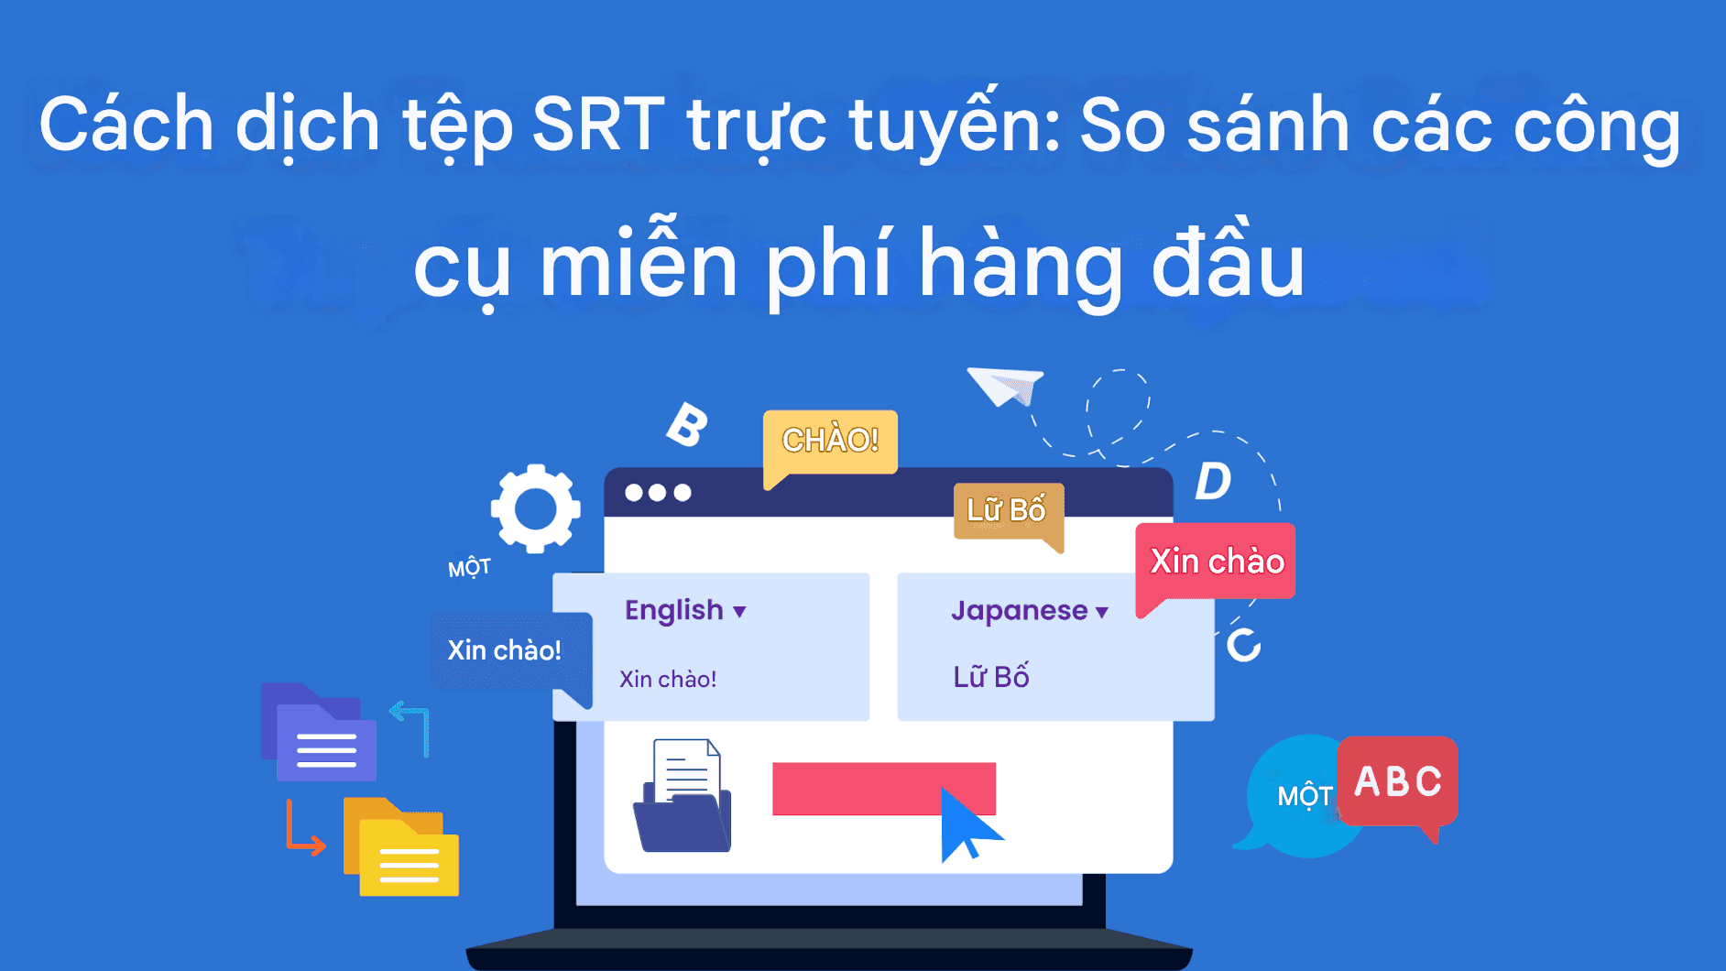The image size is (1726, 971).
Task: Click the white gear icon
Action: click(535, 508)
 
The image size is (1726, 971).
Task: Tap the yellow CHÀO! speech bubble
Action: click(830, 442)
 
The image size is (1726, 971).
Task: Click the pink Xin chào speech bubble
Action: click(1216, 562)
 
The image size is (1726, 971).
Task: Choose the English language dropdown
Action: click(685, 610)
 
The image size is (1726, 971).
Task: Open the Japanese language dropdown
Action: click(1029, 611)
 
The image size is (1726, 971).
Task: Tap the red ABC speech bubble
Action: click(1397, 781)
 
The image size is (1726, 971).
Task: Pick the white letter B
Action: click(687, 425)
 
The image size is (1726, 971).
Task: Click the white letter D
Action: click(1214, 481)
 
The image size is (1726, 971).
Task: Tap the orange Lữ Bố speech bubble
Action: click(1007, 511)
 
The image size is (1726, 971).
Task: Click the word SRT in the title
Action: click(597, 125)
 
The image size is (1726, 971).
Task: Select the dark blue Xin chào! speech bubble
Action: click(506, 651)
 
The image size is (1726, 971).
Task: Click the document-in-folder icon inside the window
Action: click(683, 797)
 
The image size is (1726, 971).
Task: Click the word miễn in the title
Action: click(639, 266)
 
